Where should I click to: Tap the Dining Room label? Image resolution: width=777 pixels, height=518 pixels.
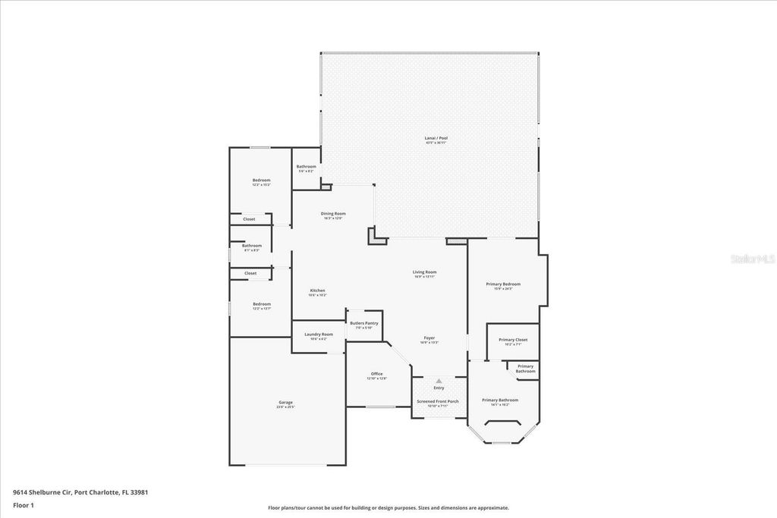click(x=332, y=214)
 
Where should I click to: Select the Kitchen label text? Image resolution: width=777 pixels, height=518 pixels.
click(x=317, y=291)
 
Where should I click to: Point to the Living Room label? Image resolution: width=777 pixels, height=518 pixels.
click(x=424, y=272)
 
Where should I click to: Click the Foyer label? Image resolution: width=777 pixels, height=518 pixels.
click(x=429, y=338)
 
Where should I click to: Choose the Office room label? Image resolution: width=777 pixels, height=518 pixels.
click(x=376, y=374)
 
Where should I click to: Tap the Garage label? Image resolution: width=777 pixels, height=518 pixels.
click(x=285, y=403)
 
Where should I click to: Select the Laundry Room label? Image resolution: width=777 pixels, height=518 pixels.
click(x=319, y=334)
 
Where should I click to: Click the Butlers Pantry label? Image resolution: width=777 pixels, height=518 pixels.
click(x=364, y=323)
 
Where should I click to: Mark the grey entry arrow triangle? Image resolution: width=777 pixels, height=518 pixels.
click(x=439, y=381)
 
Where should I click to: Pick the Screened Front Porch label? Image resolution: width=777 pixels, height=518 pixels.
click(x=438, y=401)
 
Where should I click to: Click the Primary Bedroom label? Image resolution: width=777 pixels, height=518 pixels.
click(x=503, y=284)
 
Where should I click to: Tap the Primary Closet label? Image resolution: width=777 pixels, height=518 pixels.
click(x=513, y=340)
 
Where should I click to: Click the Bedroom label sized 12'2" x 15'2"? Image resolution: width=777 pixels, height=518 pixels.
click(x=261, y=181)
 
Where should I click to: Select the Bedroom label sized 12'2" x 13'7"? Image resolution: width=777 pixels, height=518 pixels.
click(x=261, y=304)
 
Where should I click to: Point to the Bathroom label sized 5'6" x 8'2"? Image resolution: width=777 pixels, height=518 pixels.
click(x=306, y=167)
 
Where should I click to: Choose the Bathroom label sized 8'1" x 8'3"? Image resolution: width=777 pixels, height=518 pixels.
click(x=252, y=246)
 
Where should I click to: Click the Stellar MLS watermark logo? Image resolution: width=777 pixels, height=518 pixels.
click(x=752, y=259)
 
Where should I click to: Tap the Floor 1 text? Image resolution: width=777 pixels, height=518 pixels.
click(x=24, y=504)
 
